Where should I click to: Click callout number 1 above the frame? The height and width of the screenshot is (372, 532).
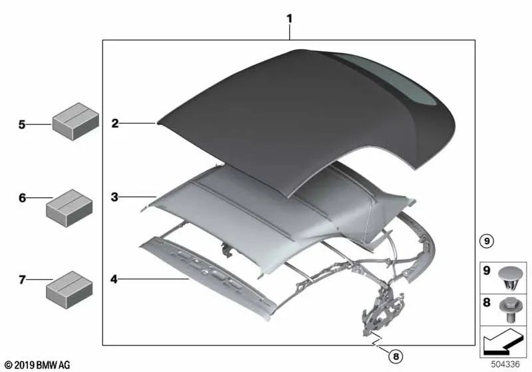[x=289, y=19]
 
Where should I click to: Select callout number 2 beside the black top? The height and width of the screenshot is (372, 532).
[x=115, y=124]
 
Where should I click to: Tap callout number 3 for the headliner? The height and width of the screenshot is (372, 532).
[x=114, y=197]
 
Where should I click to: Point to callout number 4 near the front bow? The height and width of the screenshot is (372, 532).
[x=114, y=279]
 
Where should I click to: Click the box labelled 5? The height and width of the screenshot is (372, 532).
[x=75, y=122]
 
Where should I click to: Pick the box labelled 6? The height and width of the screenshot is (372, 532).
[x=69, y=208]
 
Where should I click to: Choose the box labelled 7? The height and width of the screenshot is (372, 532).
[x=69, y=290]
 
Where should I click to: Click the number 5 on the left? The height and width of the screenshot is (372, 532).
[x=22, y=125]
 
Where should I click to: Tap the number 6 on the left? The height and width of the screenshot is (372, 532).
[x=23, y=197]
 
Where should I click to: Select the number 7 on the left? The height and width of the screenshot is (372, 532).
[x=22, y=280]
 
